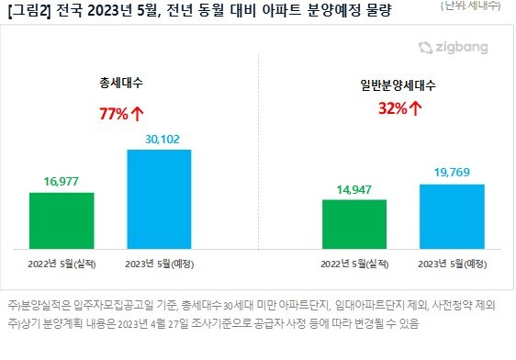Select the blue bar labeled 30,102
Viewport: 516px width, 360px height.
tap(160, 198)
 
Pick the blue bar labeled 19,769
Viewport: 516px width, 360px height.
tap(452, 217)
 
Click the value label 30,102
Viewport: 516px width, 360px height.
tap(160, 138)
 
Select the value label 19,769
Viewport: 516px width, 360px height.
tap(452, 173)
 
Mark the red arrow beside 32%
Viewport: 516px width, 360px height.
tap(416, 108)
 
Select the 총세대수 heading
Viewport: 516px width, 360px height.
tap(122, 83)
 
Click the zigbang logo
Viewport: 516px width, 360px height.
tap(452, 47)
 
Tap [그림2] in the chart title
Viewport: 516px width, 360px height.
tap(27, 12)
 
